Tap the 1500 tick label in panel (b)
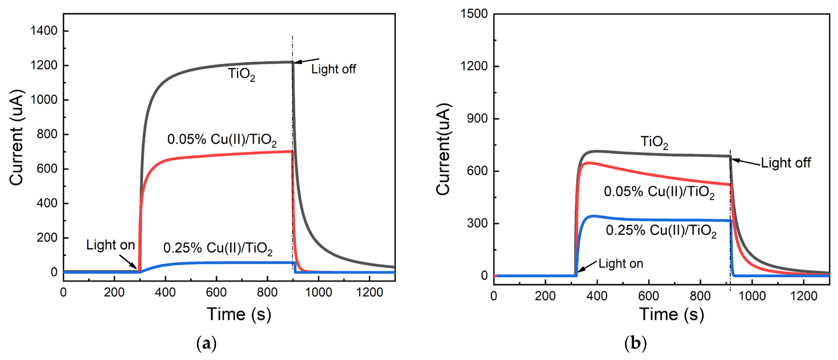coord(474,14)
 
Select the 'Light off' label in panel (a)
coord(333,69)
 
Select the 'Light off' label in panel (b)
coord(786,163)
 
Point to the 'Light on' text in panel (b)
coord(621,264)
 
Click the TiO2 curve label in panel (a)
coord(241,74)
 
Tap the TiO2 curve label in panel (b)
coord(654,142)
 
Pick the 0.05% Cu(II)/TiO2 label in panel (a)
coord(222,140)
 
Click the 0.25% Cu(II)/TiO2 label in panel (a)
coord(218,248)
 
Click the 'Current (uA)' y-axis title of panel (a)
coord(16,137)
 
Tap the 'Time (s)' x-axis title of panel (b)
coord(672,315)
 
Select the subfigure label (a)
coord(206,344)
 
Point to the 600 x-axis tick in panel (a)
coord(216,292)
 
